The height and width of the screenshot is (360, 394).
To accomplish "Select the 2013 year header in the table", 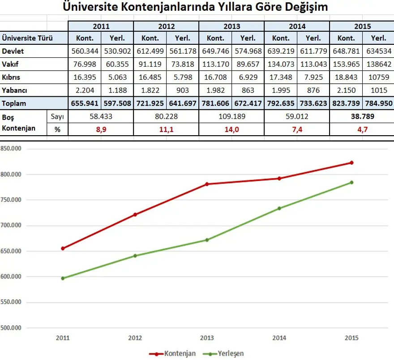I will click(x=231, y=26).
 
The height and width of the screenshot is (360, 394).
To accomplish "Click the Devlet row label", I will click(x=13, y=51).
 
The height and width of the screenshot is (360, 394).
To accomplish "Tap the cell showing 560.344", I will click(x=85, y=51).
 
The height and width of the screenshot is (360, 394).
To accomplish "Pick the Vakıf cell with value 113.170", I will click(x=215, y=64).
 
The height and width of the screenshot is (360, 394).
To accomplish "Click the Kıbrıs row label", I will click(x=11, y=77).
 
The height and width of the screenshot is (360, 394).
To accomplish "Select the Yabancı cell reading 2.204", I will click(x=85, y=90).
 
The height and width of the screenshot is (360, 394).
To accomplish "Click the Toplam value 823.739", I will click(x=346, y=103).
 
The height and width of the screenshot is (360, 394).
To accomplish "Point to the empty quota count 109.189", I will click(x=231, y=116).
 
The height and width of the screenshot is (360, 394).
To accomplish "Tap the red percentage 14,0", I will click(x=231, y=129).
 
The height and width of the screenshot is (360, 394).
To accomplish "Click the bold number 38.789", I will click(x=362, y=116).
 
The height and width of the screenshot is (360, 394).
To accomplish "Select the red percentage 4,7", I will click(x=362, y=129).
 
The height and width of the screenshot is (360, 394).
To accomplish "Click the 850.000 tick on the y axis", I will click(x=11, y=149).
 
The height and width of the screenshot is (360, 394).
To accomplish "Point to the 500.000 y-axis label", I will click(x=11, y=328).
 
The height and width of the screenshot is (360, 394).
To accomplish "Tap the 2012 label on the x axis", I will click(x=135, y=338).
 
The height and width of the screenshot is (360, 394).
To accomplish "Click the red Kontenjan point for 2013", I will click(x=207, y=184).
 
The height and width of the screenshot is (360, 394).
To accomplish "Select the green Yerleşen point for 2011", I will click(x=63, y=279).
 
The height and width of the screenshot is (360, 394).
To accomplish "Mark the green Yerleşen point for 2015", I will click(x=351, y=182).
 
